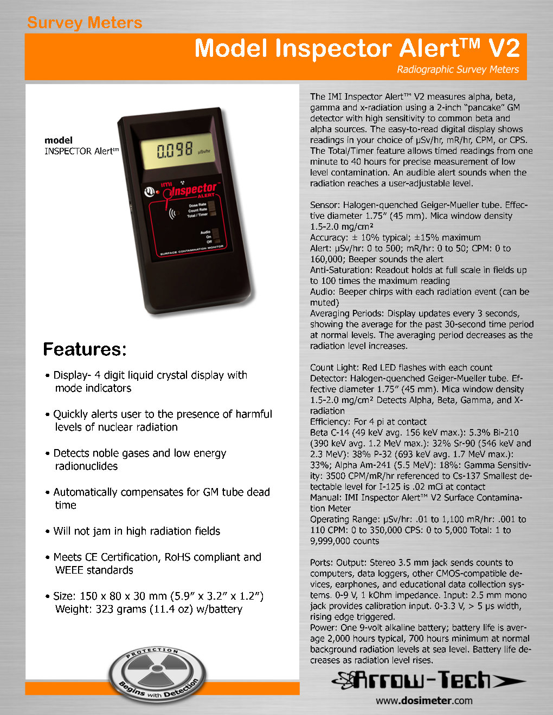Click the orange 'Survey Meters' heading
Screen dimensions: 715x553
[x=85, y=23]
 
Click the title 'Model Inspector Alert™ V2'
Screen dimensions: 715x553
[x=357, y=48]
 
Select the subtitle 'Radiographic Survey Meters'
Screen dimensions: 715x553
[x=458, y=69]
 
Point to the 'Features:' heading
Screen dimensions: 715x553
[x=85, y=349]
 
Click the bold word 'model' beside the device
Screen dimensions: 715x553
[x=59, y=140]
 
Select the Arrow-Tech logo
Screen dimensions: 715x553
[x=428, y=680]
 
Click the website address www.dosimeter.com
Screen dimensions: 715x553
[x=424, y=700]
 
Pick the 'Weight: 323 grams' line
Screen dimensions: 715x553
[x=149, y=609]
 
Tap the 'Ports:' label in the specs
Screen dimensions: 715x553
[x=322, y=563]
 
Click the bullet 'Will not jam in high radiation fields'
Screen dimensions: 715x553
[x=136, y=531]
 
